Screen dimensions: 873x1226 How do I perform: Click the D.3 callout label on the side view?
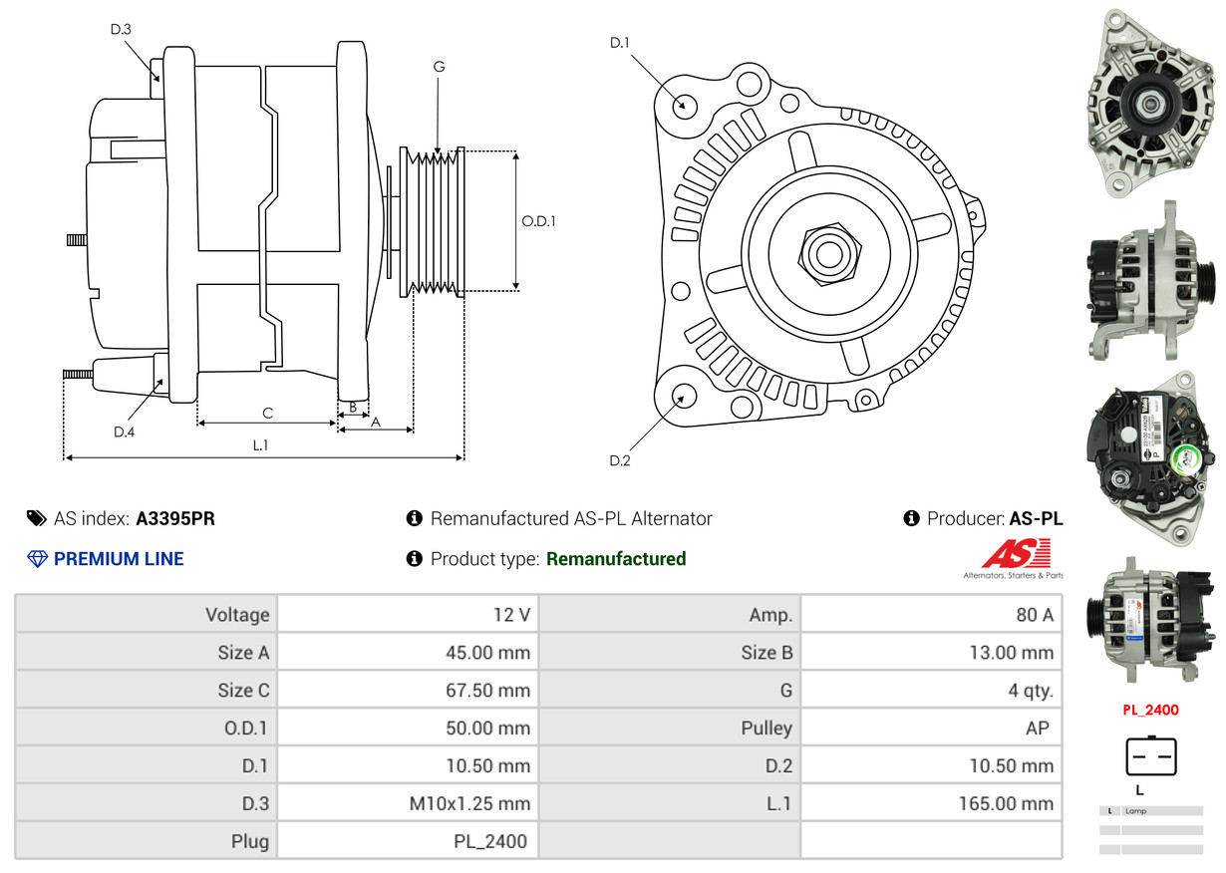coord(121,29)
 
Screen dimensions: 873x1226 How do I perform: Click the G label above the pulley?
coord(439,67)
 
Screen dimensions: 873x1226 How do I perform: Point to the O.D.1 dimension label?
coord(538,221)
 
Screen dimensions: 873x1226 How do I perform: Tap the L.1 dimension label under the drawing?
coord(260,445)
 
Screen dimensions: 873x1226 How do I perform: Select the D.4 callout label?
coord(124,432)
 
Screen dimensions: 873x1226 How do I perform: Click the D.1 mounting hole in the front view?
coord(684,105)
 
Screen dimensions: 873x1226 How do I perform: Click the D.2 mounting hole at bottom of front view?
coord(684,396)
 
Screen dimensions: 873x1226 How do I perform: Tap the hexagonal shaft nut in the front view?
coord(826,252)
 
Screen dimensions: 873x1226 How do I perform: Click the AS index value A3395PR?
coord(175,518)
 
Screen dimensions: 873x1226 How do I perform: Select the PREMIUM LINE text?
coord(119,559)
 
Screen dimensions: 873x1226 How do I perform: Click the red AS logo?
coord(1016,554)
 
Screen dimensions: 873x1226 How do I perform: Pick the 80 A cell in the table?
coord(1034,615)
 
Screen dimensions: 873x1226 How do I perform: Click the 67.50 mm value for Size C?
coord(487,691)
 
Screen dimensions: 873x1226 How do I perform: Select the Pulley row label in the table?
coord(766,728)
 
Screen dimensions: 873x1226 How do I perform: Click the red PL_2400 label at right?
coord(1150,711)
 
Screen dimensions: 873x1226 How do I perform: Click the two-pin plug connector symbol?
coord(1151,757)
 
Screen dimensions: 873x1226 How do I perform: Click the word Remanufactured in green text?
coord(616,559)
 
